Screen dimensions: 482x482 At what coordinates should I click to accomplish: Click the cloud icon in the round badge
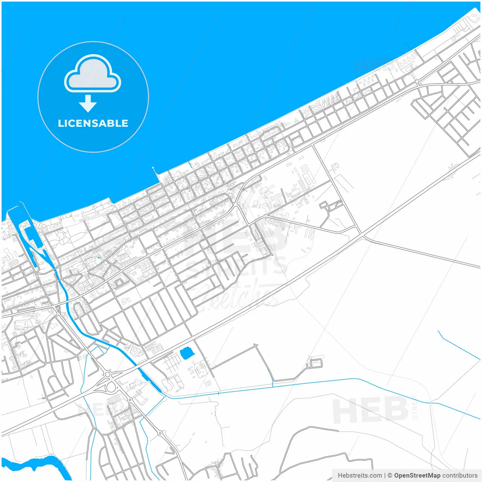[93, 74]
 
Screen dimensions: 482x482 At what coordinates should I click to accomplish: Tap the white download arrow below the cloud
[88, 103]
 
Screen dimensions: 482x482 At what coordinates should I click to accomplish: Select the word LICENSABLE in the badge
[93, 123]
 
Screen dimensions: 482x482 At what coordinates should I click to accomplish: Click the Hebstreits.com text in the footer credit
[360, 475]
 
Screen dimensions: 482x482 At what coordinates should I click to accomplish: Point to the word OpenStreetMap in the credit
[417, 475]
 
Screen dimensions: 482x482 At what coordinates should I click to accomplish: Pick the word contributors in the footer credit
[460, 475]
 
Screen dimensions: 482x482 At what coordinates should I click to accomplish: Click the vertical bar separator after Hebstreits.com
[384, 475]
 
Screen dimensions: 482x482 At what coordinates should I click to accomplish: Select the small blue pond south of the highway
[186, 353]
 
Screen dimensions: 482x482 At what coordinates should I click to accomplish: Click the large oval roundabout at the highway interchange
[111, 386]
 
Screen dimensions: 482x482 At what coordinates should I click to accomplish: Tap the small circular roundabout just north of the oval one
[108, 374]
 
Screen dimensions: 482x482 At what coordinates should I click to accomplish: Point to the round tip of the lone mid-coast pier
[153, 168]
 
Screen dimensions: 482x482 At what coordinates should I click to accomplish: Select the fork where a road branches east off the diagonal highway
[363, 236]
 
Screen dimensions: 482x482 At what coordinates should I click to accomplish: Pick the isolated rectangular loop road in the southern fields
[316, 363]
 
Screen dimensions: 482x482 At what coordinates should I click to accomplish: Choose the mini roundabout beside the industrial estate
[266, 216]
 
